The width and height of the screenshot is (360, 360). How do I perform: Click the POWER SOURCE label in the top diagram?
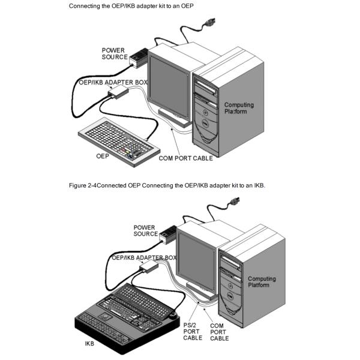tap(114, 53)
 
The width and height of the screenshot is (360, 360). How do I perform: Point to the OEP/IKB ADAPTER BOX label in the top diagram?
tap(113, 80)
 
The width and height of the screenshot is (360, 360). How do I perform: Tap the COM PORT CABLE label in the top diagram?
tap(185, 158)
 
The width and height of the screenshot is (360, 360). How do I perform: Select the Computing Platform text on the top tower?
tap(239, 108)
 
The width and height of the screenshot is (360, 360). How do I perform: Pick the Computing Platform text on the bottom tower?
tap(262, 282)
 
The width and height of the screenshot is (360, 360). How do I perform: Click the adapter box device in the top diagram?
tap(117, 92)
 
